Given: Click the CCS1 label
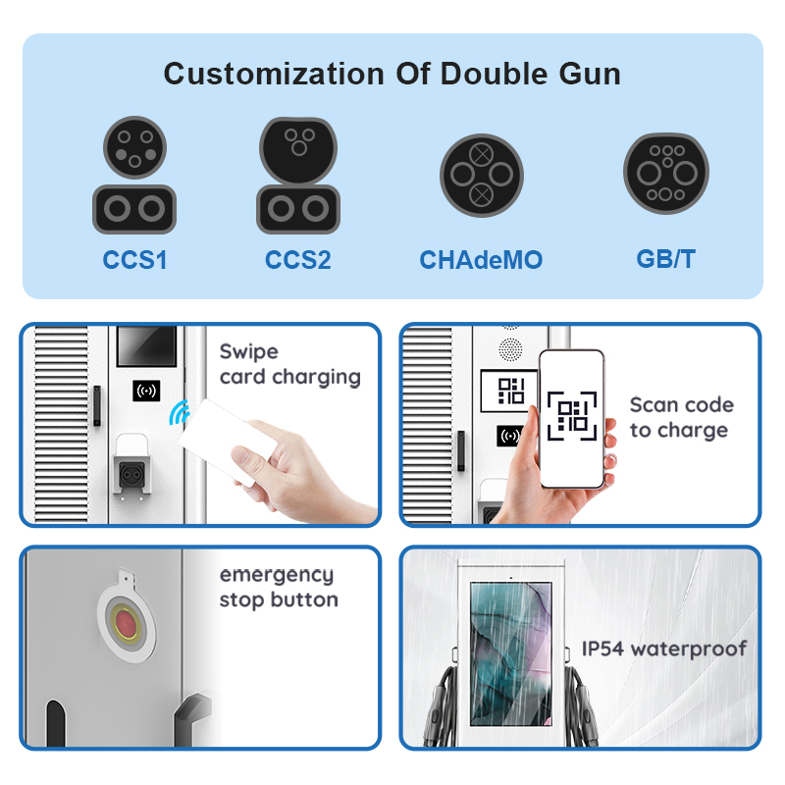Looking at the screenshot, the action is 134,260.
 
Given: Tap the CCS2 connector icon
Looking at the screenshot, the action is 298,176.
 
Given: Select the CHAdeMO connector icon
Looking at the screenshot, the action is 482,176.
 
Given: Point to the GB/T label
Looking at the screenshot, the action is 666,259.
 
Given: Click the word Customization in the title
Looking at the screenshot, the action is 274,75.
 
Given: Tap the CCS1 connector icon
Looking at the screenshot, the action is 134,176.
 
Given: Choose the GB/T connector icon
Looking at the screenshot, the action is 666,174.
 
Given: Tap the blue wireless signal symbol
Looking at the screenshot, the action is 180,412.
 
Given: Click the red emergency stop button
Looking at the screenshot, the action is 126,623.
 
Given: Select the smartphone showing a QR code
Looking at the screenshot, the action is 572,419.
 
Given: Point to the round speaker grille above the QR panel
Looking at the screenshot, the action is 510,349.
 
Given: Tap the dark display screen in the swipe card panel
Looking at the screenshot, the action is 146,346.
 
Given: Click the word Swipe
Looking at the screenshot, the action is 249,352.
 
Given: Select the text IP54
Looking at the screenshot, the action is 602,649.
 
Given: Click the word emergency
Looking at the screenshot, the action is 277,575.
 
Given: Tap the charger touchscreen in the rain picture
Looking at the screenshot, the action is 511,654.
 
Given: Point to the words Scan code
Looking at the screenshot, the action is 682,404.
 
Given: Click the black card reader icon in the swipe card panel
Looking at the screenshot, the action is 146,391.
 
